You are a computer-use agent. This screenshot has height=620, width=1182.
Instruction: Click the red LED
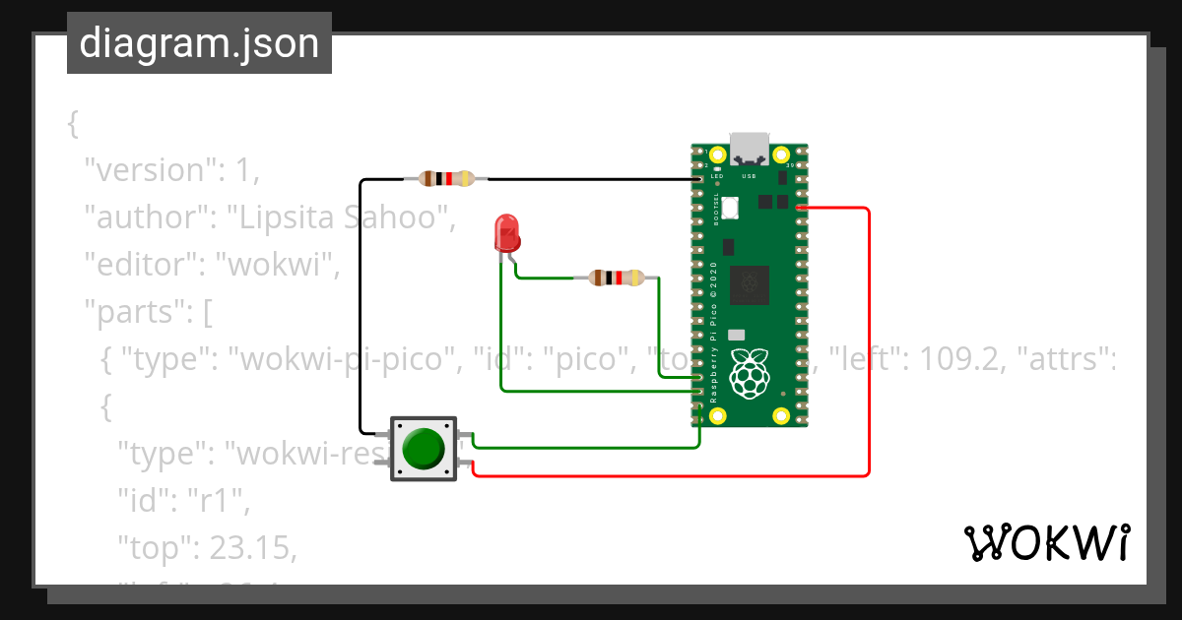point(506,233)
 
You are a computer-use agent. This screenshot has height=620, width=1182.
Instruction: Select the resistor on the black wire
point(447,179)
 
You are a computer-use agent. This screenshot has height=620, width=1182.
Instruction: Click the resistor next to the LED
point(616,279)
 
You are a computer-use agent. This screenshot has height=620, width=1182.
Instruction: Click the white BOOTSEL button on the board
point(730,208)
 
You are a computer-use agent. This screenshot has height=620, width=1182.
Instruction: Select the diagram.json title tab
point(199,43)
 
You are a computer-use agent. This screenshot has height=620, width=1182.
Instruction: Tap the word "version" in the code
point(151,170)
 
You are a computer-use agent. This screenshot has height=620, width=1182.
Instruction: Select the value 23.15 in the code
point(251,549)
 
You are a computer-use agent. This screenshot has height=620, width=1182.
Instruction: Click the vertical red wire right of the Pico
point(869,344)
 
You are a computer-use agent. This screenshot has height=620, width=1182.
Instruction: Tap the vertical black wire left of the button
point(361,305)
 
